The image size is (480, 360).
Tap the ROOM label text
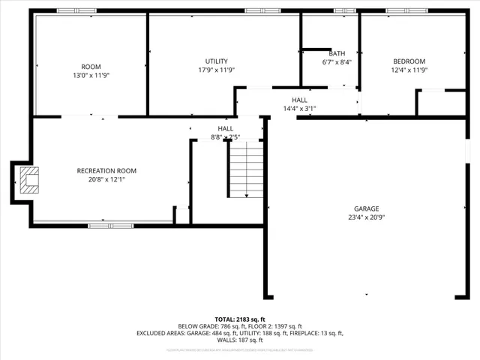[91, 66]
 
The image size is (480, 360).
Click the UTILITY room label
[217, 61]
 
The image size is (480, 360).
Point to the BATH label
[337, 53]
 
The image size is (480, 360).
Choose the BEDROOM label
[409, 61]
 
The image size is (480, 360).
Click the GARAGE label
[367, 208]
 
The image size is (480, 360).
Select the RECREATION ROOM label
[106, 171]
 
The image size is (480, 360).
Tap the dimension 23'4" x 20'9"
[367, 217]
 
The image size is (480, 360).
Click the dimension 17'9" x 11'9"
[217, 70]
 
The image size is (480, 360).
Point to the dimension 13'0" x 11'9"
[91, 75]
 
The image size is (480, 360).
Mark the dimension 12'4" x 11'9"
[409, 70]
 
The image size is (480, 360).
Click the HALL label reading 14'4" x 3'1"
[299, 99]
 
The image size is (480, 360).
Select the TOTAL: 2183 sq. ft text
[240, 319]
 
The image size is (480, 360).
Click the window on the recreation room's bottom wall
[100, 225]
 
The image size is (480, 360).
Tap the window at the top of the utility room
[257, 10]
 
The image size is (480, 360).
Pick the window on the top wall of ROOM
[76, 10]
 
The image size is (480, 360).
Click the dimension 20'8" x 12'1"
[106, 180]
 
